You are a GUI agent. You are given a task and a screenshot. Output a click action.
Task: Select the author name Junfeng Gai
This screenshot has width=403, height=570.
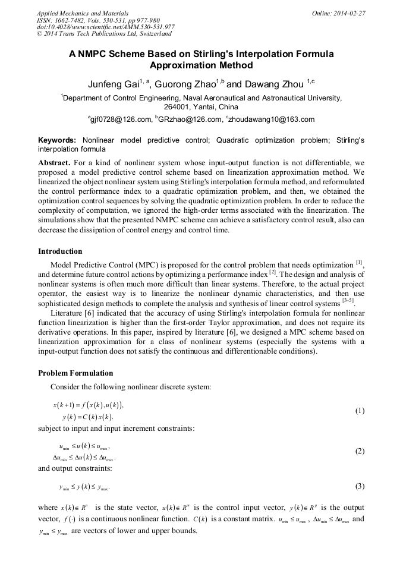(x=113, y=84)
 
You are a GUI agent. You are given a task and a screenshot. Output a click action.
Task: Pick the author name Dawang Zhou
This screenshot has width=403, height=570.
(x=272, y=84)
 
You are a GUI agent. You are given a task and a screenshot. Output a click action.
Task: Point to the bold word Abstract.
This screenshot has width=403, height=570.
(x=54, y=162)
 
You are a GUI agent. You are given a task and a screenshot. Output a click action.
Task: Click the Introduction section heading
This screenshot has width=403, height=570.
(x=60, y=251)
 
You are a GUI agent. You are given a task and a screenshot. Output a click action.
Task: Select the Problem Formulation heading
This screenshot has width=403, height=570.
(x=75, y=373)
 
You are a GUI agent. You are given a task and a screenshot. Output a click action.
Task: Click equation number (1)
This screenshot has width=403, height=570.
(x=360, y=411)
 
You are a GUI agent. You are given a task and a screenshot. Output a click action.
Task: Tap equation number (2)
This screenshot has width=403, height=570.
(x=360, y=451)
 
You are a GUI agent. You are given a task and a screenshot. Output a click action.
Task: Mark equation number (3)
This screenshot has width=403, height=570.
(x=360, y=486)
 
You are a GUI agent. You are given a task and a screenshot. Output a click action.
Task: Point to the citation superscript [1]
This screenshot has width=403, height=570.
(x=359, y=262)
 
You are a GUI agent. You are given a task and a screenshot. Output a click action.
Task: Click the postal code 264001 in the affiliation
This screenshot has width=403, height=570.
(x=179, y=107)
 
